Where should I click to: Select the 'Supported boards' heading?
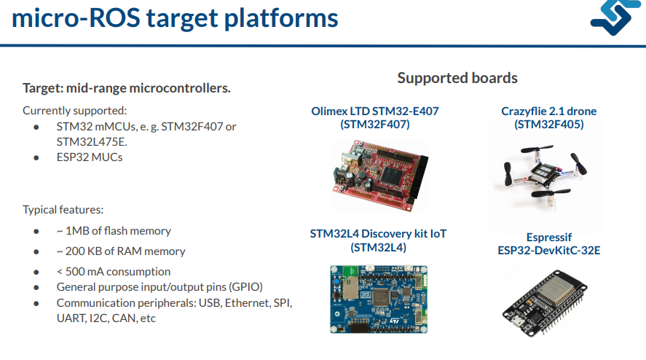[x=457, y=78]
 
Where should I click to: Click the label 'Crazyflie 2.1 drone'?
[x=548, y=111]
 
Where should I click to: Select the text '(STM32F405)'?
[x=548, y=125]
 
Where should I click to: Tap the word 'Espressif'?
[x=548, y=238]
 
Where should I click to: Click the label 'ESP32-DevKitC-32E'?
[x=548, y=251]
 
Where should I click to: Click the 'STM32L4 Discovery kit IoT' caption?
[x=378, y=234]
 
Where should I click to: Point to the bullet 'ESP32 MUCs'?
[x=90, y=157]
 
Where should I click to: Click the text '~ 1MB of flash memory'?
[x=114, y=231]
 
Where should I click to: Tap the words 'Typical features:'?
[x=63, y=210]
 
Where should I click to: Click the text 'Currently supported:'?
[x=75, y=111]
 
